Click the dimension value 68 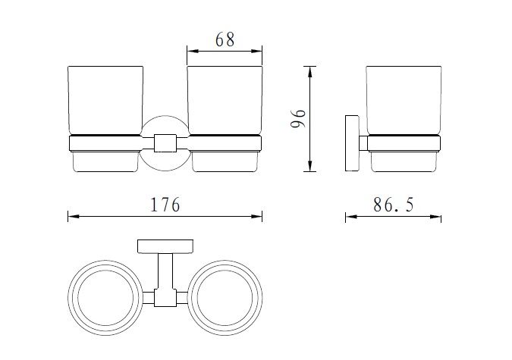coord(225,39)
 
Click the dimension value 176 coord(165,205)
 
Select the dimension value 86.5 coord(392,205)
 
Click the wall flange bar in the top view coord(165,246)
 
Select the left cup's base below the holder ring coord(105,162)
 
